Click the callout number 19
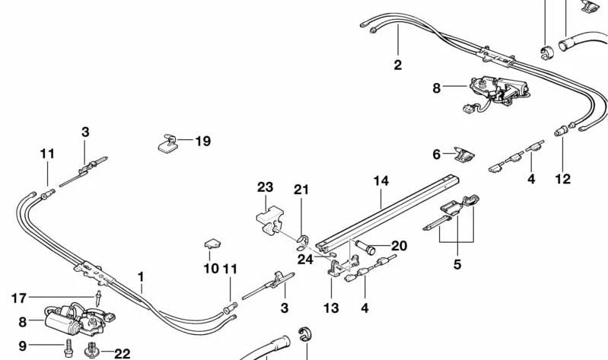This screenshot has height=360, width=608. point(202,141)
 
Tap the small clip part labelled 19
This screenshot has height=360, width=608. point(167,143)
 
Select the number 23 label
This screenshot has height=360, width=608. point(264,186)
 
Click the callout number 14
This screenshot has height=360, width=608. point(380,181)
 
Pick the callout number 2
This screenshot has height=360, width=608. point(397,65)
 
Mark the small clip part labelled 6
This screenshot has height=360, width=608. point(463,155)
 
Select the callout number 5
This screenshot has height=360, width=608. point(457,266)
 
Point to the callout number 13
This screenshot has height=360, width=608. point(332,307)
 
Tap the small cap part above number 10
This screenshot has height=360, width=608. point(212,245)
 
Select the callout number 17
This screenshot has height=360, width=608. point(19,297)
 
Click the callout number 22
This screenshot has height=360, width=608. point(122,354)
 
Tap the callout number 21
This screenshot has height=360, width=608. point(302,189)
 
